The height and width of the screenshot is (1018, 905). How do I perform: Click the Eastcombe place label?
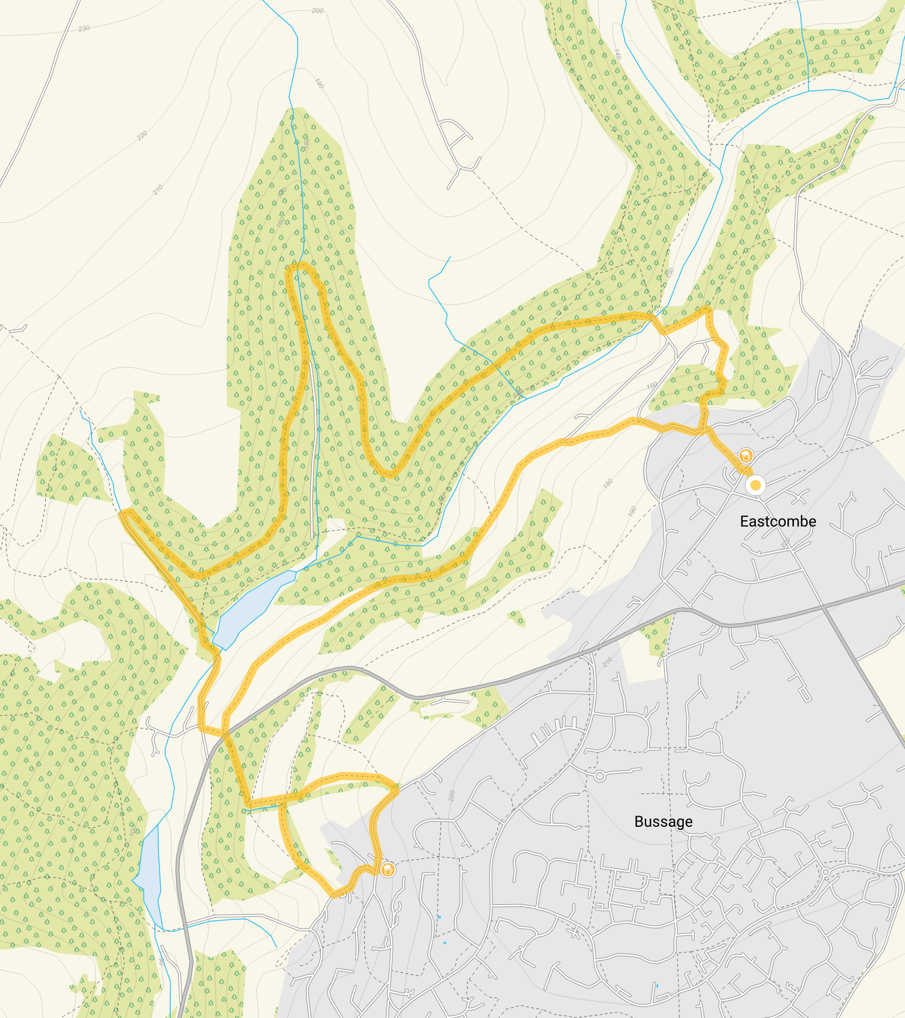point(778,521)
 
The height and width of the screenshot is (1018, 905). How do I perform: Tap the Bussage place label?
point(663,821)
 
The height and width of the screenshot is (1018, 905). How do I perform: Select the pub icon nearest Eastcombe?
point(745,455)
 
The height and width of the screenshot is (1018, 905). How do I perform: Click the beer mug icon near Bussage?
point(387,869)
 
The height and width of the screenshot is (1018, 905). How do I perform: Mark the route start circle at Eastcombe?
point(755,485)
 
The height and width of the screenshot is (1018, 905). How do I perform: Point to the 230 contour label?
point(84,28)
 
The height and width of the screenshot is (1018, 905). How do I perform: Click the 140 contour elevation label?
point(617,54)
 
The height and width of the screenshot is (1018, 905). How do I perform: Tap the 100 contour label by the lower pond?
point(133,831)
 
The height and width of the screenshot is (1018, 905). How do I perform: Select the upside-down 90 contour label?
point(162,961)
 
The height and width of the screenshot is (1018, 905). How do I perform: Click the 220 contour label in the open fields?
point(141,135)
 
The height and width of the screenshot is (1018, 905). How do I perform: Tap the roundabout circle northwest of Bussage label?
point(600,777)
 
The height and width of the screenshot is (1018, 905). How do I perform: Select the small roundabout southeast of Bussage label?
point(825,873)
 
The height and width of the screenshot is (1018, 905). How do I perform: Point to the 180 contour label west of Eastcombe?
point(608,484)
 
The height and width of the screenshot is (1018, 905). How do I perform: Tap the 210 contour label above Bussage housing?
point(607,662)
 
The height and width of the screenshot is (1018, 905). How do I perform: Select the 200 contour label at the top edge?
point(317,11)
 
